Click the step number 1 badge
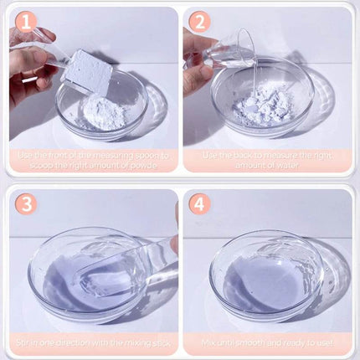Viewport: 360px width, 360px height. [x=23, y=23]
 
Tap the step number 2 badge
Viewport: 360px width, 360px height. [x=198, y=23]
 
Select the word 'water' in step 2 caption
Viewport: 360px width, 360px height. [x=274, y=166]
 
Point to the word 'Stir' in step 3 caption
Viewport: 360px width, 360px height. [x=24, y=342]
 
